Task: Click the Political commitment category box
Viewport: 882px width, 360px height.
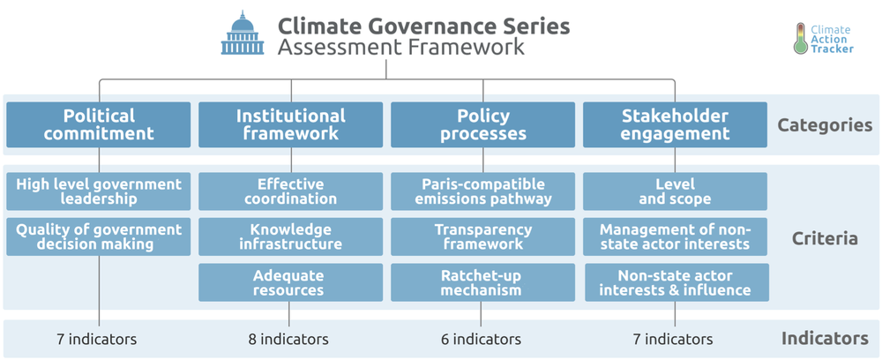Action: [99, 124]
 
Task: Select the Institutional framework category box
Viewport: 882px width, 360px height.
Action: [291, 124]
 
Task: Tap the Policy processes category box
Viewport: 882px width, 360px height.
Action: [483, 124]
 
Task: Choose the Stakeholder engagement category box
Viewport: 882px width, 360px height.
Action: [675, 124]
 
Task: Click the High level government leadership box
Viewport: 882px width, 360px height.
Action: [99, 191]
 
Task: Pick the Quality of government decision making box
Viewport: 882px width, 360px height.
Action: [99, 236]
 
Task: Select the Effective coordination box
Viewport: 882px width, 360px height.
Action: [291, 191]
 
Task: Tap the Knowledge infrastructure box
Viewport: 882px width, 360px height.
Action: [291, 236]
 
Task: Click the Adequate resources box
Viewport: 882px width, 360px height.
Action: [291, 282]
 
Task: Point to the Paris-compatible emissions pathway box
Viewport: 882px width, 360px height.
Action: [483, 191]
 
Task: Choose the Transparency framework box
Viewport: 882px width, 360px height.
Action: [483, 236]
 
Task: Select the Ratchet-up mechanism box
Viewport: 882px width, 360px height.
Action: [483, 282]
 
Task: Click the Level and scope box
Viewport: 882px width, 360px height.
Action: [675, 191]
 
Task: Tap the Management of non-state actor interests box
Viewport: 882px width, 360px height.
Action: [675, 236]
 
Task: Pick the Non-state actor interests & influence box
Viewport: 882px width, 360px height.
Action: [676, 282]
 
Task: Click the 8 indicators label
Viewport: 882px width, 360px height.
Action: [288, 339]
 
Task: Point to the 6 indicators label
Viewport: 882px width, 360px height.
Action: [481, 339]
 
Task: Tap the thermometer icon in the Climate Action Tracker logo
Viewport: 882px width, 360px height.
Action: [800, 39]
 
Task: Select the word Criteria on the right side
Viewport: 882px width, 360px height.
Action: [825, 238]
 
